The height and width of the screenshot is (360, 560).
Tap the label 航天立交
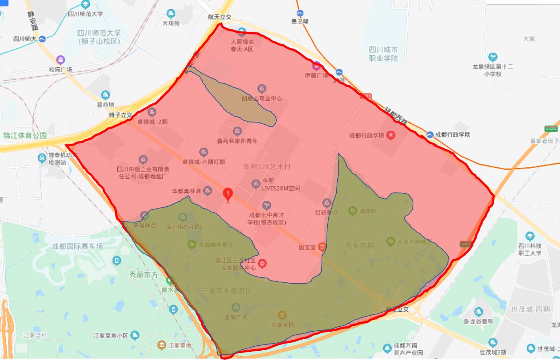220,17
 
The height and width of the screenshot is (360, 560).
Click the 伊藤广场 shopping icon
317,66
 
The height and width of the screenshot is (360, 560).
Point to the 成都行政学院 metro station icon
430,135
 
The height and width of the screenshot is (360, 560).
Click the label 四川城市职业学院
383,54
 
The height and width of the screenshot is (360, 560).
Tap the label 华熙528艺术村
266,167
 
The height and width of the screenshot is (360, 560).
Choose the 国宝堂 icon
322,246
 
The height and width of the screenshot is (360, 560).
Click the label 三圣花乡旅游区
227,290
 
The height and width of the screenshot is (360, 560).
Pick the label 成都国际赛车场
77,246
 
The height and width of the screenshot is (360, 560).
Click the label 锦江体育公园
25,135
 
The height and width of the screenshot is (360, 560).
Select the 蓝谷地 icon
105,95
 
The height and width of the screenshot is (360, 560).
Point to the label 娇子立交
120,115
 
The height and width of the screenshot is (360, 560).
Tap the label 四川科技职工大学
530,249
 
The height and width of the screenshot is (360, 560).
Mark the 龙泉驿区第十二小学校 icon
493,57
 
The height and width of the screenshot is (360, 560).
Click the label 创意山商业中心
261,98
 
